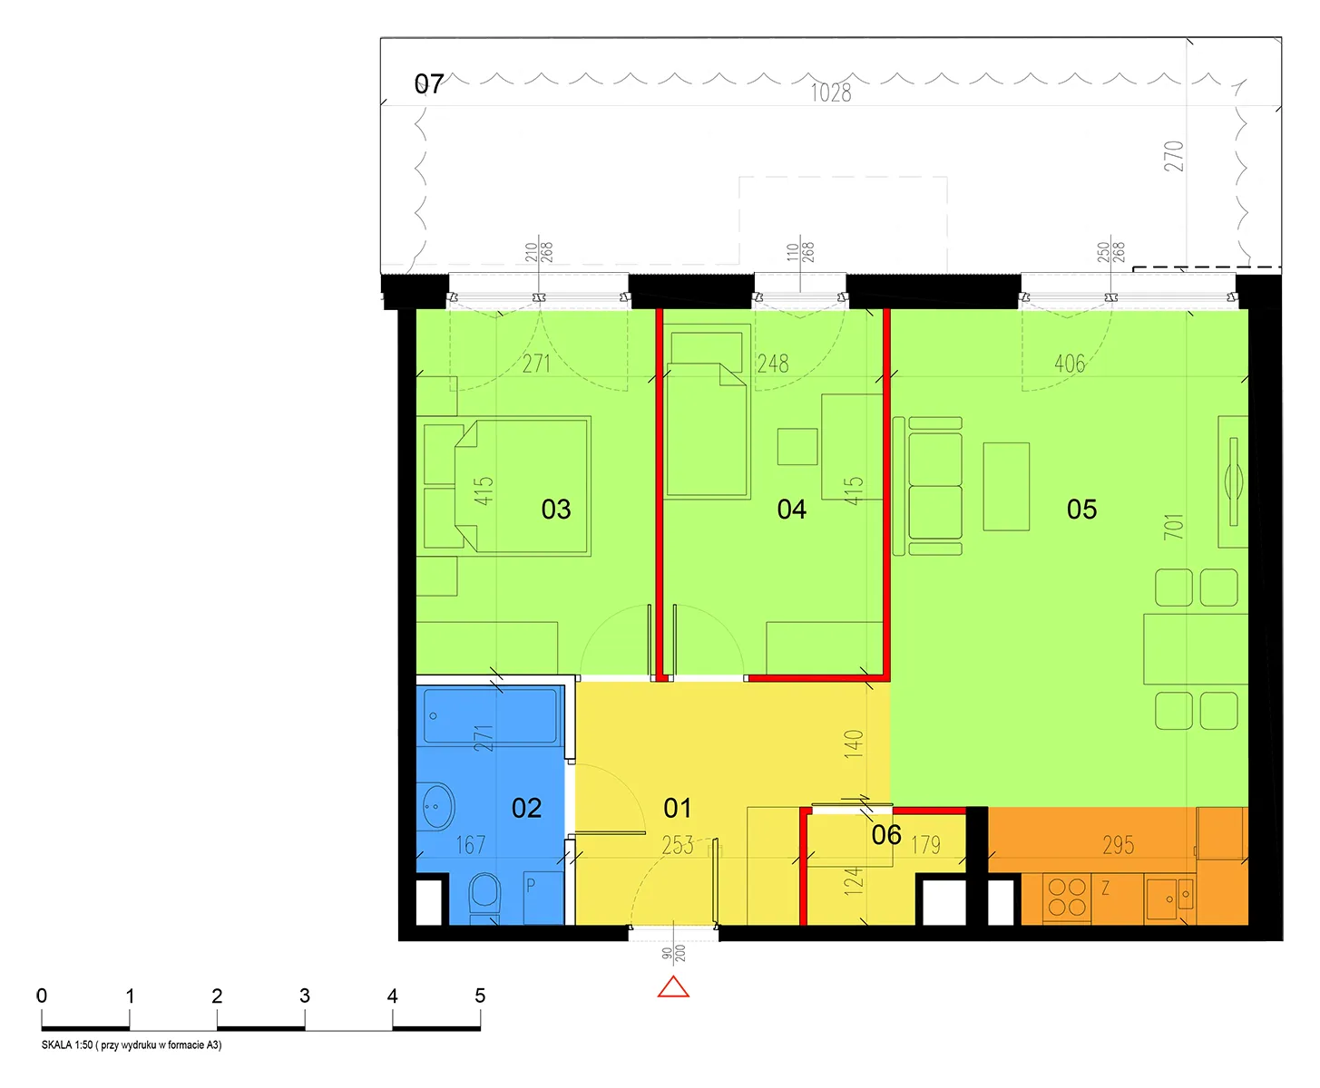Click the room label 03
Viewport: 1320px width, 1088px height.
point(556,510)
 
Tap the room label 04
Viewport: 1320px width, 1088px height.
point(791,510)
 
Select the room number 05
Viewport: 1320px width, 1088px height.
point(1081,510)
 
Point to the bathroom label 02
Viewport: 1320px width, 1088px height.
point(526,808)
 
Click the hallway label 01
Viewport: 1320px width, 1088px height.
point(677,808)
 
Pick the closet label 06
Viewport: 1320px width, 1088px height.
point(886,835)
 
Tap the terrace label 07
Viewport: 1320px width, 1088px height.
point(428,84)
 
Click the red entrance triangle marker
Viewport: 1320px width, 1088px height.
point(673,987)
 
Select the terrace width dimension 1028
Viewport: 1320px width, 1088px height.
point(831,93)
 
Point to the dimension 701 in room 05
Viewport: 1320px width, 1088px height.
point(1173,526)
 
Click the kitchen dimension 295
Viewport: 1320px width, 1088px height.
point(1119,845)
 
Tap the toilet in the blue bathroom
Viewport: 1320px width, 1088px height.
point(484,896)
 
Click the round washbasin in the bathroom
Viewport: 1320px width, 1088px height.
point(437,806)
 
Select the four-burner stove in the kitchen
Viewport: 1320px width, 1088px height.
point(1067,898)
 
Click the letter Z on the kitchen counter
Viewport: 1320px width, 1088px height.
point(1105,889)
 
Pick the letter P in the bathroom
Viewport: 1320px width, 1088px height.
point(531,885)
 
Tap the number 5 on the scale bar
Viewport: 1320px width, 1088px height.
point(480,996)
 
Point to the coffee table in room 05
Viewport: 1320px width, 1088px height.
point(1006,487)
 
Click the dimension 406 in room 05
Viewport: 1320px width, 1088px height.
point(1069,364)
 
